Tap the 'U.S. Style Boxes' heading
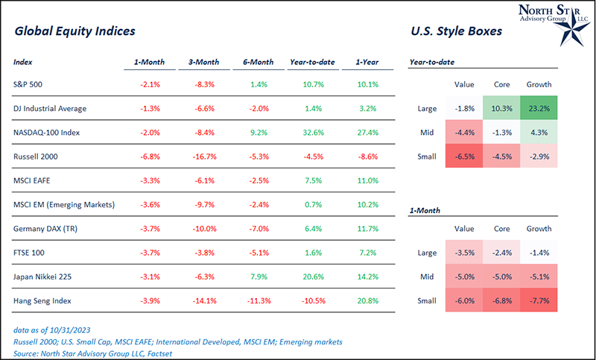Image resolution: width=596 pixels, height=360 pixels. pos(456,32)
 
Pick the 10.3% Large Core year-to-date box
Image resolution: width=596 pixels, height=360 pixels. pos(501,108)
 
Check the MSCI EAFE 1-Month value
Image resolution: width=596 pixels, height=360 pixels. pos(150,180)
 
